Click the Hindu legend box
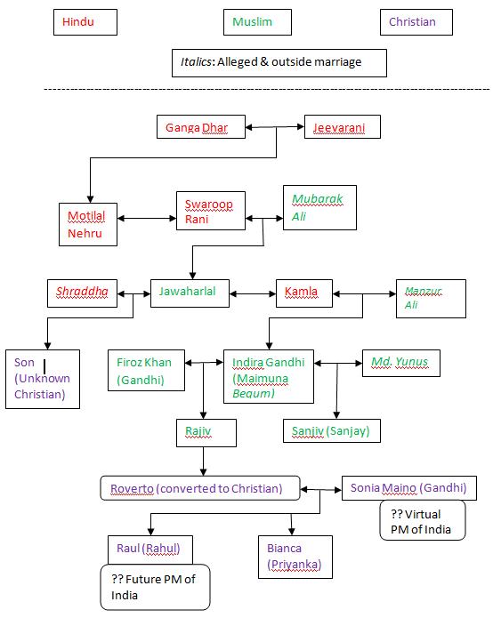85,22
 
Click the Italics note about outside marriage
279,63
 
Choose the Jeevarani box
339,128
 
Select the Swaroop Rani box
210,212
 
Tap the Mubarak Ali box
311,208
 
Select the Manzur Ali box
431,298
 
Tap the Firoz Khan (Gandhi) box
148,370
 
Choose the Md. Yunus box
400,362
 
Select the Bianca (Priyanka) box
293,554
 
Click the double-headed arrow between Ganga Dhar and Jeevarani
275,128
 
